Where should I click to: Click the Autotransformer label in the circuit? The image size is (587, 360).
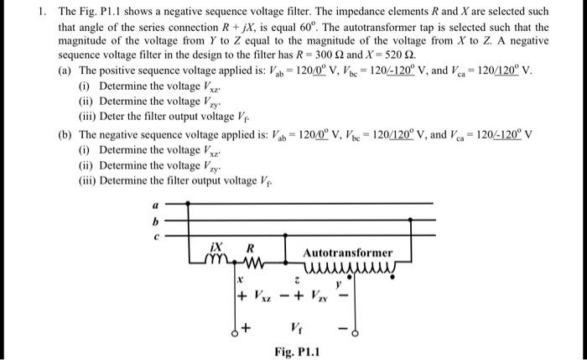(346, 252)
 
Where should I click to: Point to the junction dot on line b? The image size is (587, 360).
(285, 221)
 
